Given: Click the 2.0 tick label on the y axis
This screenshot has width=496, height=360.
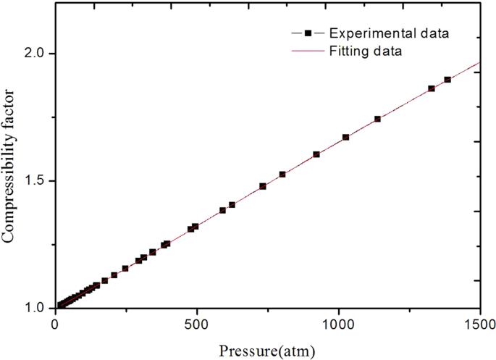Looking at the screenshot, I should [35, 54].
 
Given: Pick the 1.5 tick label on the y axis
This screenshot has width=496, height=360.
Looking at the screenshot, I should [35, 180].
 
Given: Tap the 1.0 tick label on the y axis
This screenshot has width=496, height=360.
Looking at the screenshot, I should [35, 308].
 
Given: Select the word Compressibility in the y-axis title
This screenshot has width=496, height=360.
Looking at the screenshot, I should [13, 196].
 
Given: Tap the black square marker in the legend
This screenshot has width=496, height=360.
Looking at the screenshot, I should [307, 33].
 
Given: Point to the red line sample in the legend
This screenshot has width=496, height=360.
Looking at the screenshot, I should [307, 51].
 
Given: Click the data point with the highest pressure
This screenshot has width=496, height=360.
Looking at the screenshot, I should [447, 80].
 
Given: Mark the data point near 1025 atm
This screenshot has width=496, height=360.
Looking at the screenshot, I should [345, 137].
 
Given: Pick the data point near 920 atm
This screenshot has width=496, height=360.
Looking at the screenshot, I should [316, 154].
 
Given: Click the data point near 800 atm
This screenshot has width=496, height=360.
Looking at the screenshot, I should [282, 175].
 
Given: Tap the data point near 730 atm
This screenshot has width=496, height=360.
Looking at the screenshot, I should [263, 186].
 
